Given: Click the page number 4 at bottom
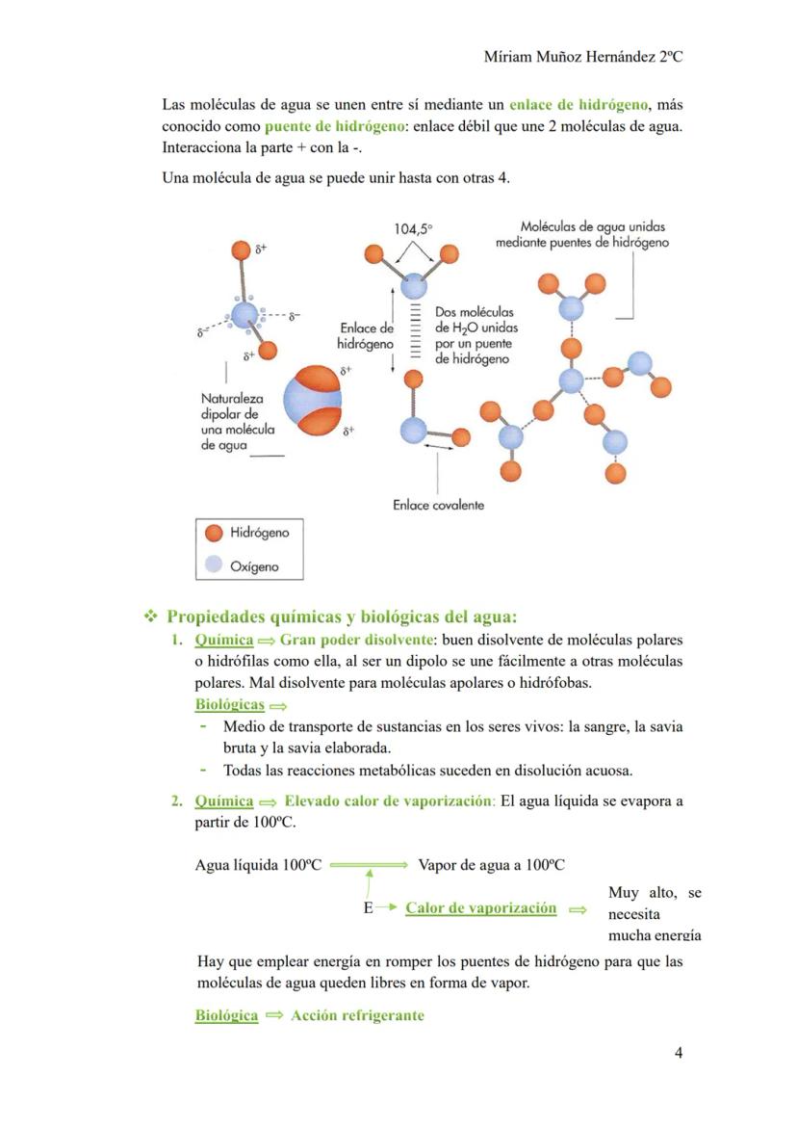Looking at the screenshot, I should (679, 1053).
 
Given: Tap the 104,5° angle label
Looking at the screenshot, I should (413, 229).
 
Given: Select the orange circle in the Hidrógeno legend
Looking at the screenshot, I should (214, 533).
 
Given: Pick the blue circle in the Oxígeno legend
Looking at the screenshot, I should (214, 565).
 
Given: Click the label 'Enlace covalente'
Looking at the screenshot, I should (438, 505).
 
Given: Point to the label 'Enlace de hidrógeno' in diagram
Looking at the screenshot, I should (366, 335).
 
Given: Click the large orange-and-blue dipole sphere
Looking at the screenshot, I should (313, 401).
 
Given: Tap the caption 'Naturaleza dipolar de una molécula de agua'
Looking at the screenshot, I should (238, 421).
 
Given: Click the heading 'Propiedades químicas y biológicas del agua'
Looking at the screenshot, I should (342, 616).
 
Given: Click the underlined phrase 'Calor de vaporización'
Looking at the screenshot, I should (480, 908).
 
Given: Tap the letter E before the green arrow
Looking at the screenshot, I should (368, 908).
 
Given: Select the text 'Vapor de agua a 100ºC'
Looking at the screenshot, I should (491, 865).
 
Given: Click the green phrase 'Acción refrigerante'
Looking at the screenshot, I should (357, 1015).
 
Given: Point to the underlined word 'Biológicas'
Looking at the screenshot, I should (229, 705).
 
